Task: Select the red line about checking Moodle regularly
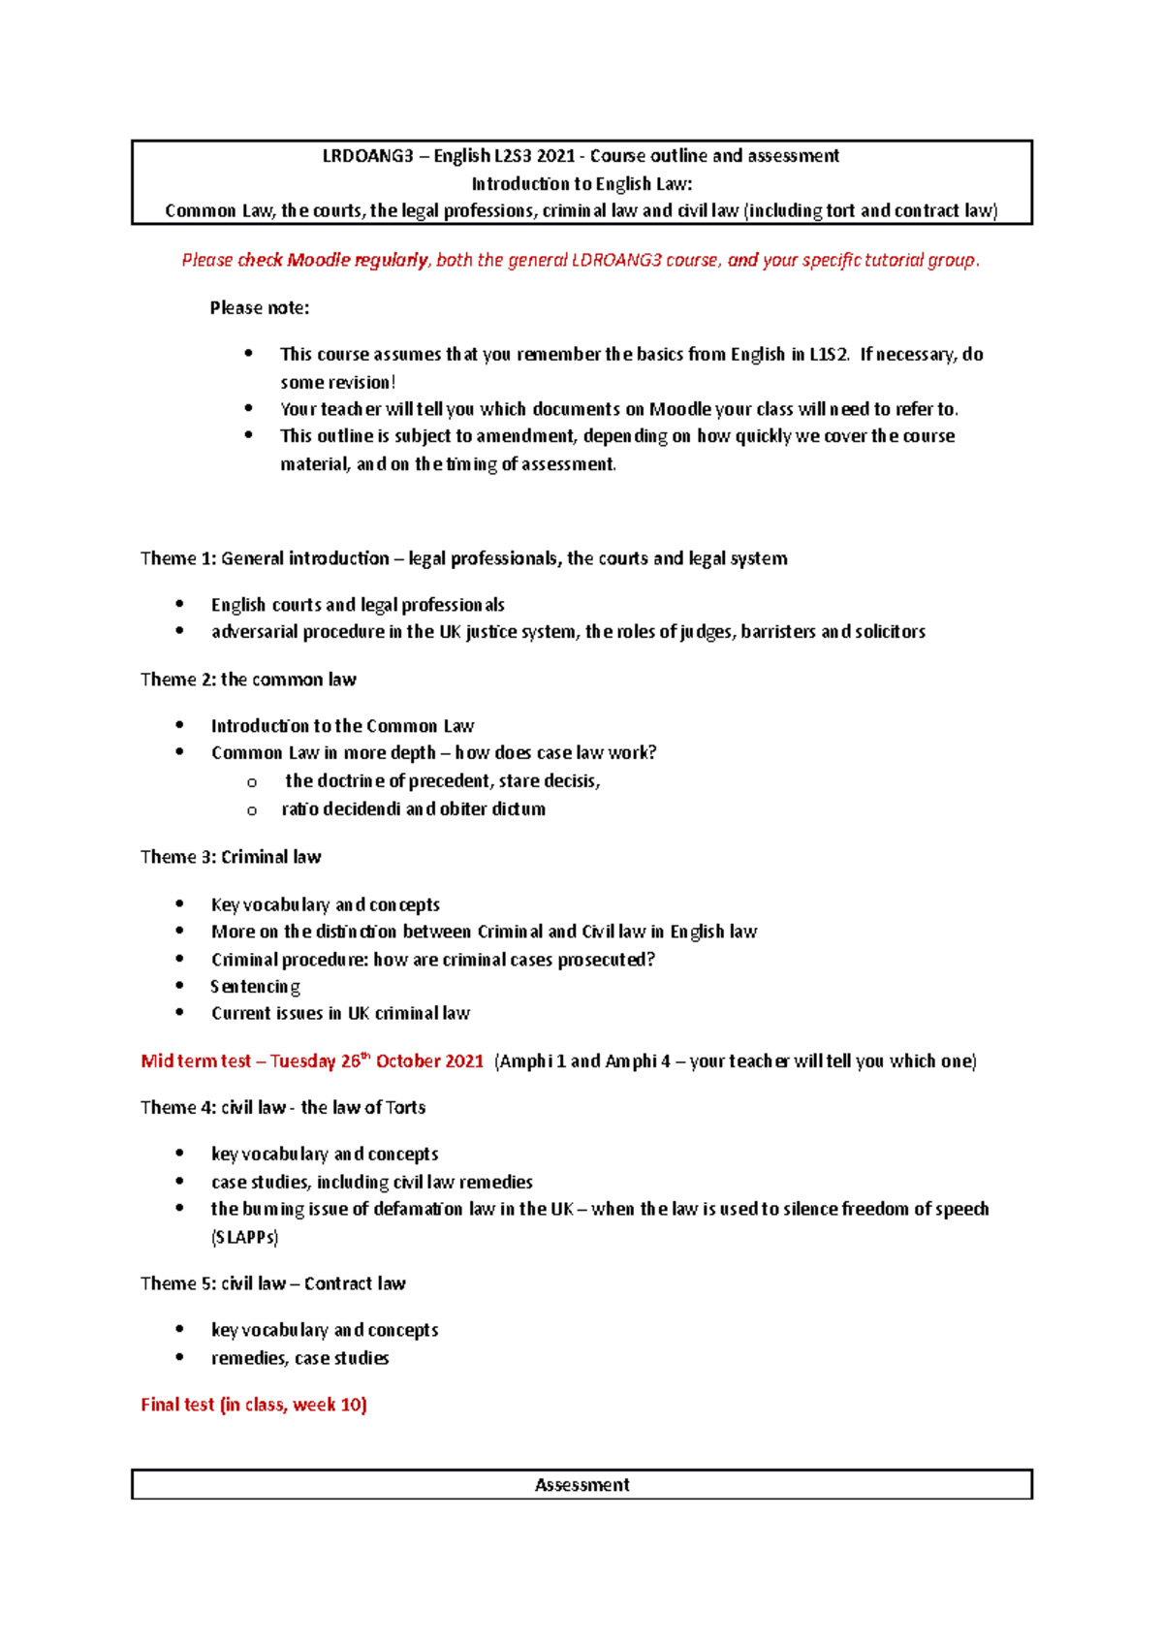click(x=581, y=260)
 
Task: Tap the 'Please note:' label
click(x=260, y=308)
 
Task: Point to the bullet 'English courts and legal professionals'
click(x=358, y=605)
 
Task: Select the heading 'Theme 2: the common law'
click(x=248, y=680)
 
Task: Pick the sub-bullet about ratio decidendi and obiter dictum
click(x=414, y=809)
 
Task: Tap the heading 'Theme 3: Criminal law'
click(x=231, y=857)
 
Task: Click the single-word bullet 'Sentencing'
click(x=256, y=987)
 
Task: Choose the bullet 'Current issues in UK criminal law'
click(x=340, y=1014)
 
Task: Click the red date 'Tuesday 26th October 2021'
click(x=376, y=1061)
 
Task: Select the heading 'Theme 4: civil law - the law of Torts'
click(x=283, y=1108)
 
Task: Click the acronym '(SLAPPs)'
click(x=245, y=1238)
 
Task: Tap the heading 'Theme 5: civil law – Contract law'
click(x=273, y=1284)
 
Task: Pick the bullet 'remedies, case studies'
click(x=300, y=1359)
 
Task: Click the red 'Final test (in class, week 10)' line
click(x=254, y=1406)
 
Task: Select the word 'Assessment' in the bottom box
click(x=581, y=1485)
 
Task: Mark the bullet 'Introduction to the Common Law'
click(x=343, y=726)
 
